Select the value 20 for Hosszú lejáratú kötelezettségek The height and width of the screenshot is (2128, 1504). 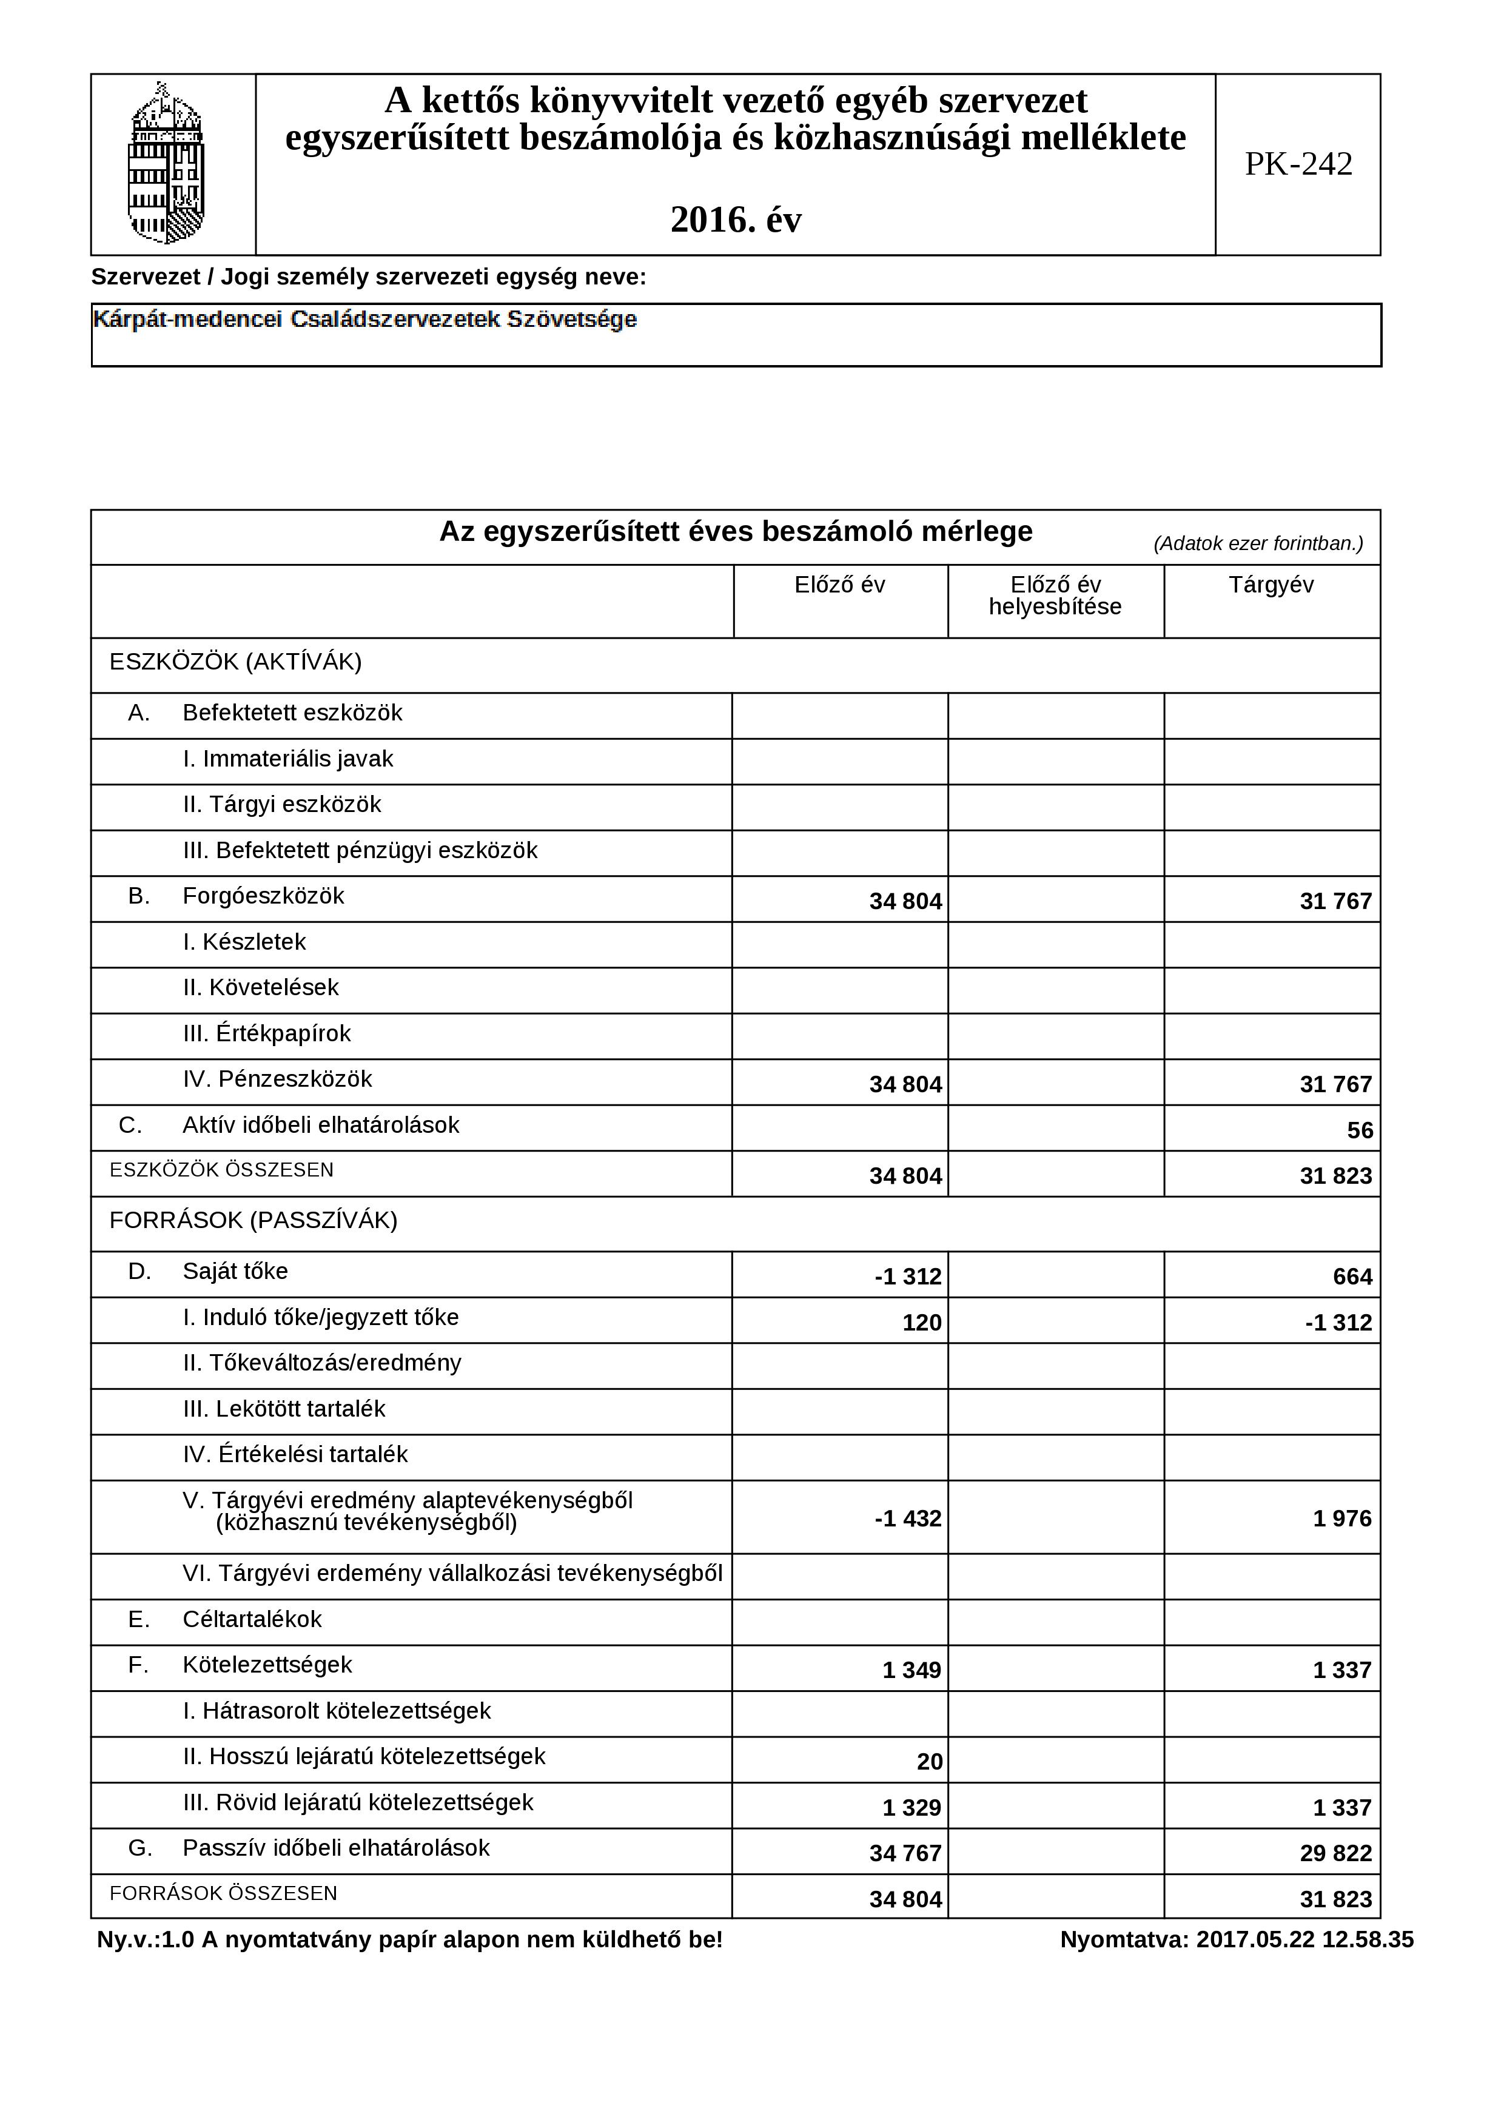(930, 1762)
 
